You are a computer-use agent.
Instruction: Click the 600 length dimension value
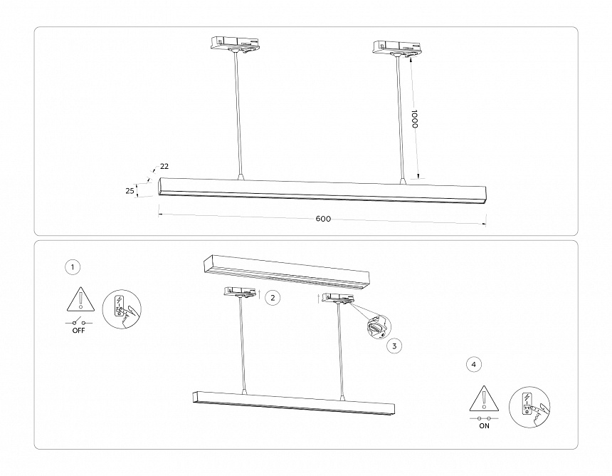(323, 219)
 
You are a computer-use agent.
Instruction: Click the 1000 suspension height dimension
(415, 118)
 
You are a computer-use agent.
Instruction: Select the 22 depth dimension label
(164, 167)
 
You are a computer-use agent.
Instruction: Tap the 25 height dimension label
(130, 190)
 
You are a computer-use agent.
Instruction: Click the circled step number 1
(73, 267)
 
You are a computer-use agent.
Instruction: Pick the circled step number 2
(273, 298)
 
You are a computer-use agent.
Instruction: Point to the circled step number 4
(474, 364)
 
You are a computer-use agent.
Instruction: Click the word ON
(485, 426)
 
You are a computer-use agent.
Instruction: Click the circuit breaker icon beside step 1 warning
(122, 309)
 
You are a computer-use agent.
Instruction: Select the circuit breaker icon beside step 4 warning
(529, 406)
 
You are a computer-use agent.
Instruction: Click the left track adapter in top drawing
(233, 44)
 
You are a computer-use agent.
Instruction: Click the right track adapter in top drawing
(397, 48)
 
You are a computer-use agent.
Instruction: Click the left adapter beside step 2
(241, 291)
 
